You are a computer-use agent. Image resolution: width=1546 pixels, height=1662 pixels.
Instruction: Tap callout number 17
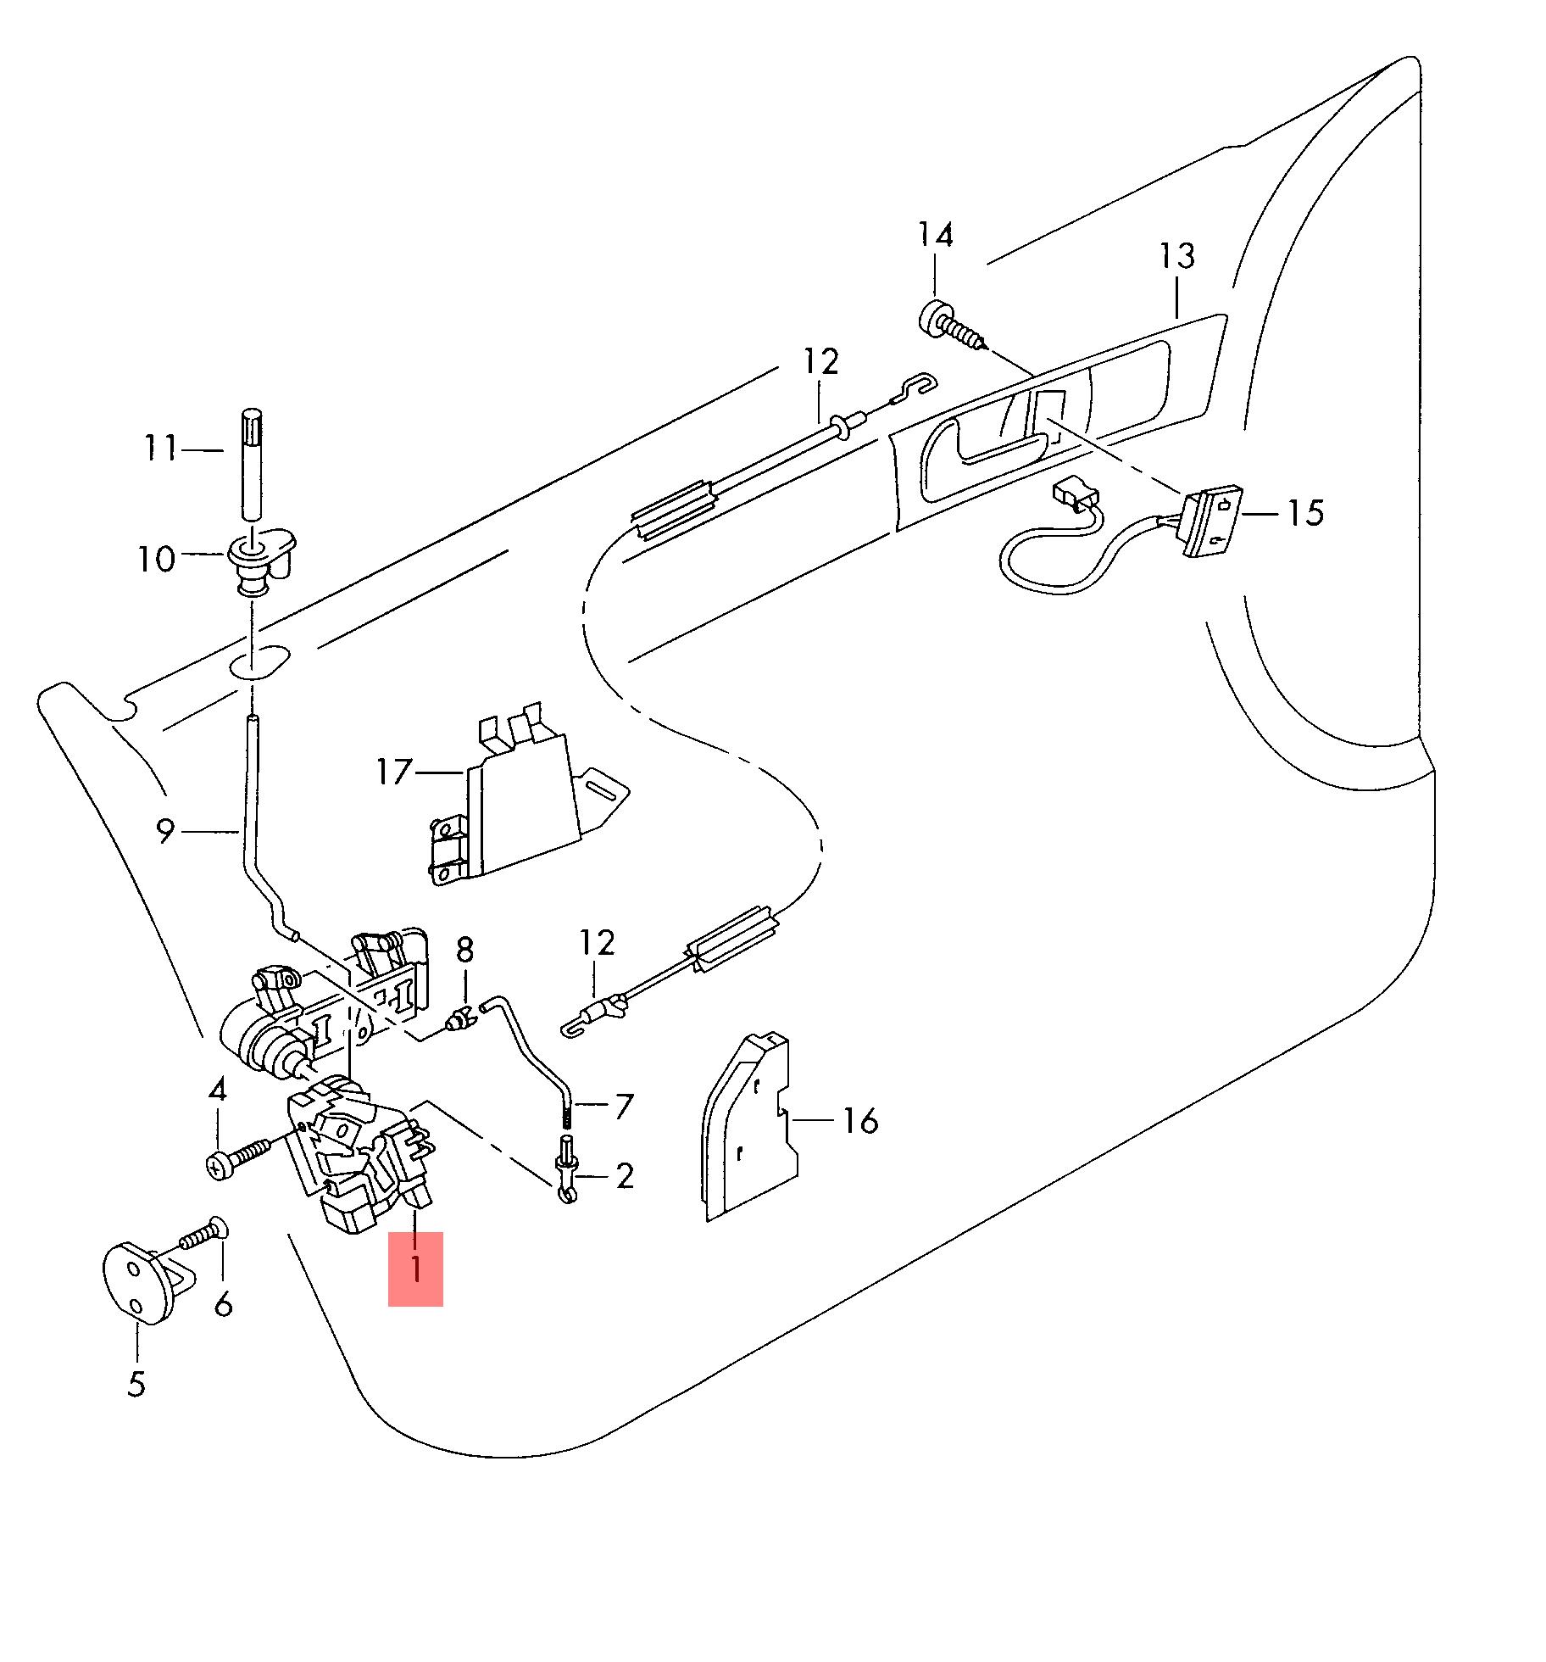(394, 772)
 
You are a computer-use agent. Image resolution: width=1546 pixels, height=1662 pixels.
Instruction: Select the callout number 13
(1177, 256)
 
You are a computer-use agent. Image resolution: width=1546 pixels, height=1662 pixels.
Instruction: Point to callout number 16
(860, 1121)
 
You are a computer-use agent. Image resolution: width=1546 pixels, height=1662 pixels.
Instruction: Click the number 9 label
(166, 832)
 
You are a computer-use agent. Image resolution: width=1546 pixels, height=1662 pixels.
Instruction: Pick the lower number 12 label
(598, 943)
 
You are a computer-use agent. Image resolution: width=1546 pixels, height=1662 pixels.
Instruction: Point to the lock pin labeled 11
(252, 463)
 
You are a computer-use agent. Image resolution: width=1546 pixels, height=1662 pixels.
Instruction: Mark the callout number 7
(623, 1106)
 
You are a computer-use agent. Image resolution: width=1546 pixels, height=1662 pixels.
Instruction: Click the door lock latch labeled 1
(360, 1153)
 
